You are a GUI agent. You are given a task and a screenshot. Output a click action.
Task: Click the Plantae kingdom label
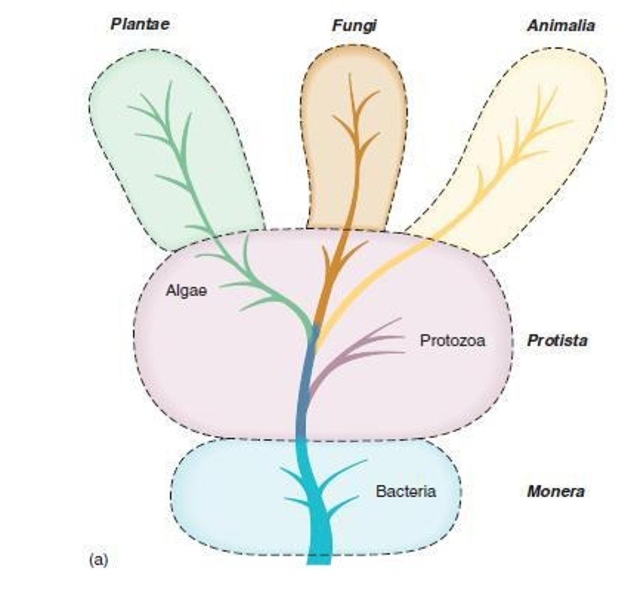pyautogui.click(x=140, y=24)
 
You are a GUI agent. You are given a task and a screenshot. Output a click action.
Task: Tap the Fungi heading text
pyautogui.click(x=354, y=25)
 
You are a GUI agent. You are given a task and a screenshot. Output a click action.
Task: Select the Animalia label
pyautogui.click(x=561, y=25)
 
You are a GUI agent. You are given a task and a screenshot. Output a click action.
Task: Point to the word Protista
pyautogui.click(x=557, y=340)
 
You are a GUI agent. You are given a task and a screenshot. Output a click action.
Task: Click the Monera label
pyautogui.click(x=556, y=491)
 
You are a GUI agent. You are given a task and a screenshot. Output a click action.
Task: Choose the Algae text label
pyautogui.click(x=186, y=291)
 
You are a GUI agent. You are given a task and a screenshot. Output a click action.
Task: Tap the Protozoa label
pyautogui.click(x=452, y=340)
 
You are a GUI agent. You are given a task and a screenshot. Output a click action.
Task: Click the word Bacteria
pyautogui.click(x=406, y=491)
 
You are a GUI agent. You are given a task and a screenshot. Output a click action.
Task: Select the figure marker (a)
pyautogui.click(x=98, y=560)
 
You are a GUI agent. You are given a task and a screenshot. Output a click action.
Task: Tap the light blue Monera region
pyautogui.click(x=224, y=499)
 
